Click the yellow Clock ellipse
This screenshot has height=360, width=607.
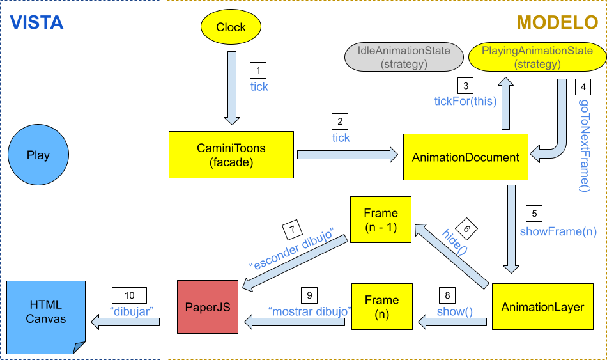click(x=231, y=27)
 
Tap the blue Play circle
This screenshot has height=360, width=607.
click(x=38, y=155)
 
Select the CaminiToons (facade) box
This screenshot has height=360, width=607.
click(x=231, y=155)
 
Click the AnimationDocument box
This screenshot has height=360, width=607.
click(x=465, y=157)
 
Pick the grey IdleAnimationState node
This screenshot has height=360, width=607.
click(x=404, y=57)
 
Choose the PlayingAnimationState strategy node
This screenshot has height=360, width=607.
click(x=537, y=57)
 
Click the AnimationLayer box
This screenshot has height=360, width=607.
click(x=542, y=307)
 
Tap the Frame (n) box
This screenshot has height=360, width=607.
click(x=381, y=306)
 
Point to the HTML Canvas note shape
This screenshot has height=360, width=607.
click(x=46, y=313)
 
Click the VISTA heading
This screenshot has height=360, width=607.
click(x=36, y=23)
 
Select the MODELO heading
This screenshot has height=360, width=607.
click(x=557, y=23)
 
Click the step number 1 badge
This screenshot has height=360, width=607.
click(x=257, y=70)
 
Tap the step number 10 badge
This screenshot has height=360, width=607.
click(x=130, y=295)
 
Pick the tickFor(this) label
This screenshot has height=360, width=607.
click(x=465, y=100)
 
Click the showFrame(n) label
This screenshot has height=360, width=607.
click(x=558, y=231)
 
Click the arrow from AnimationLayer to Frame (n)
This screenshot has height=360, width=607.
click(x=454, y=324)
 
